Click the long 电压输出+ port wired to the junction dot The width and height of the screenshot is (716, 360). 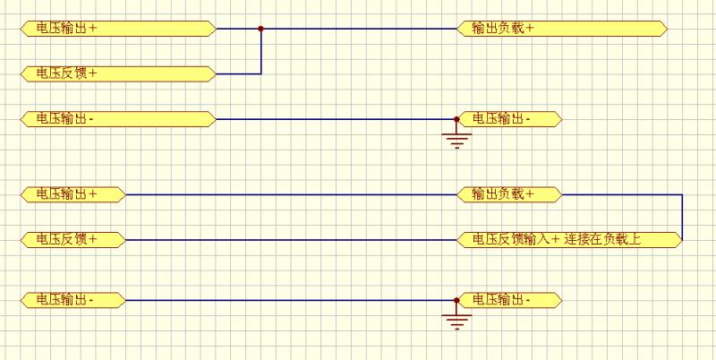(117, 29)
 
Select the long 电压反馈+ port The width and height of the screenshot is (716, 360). (117, 73)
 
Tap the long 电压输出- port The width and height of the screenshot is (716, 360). (117, 118)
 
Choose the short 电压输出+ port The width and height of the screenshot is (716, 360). (72, 193)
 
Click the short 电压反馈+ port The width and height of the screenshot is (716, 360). (72, 239)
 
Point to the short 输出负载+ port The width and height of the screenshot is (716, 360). (509, 193)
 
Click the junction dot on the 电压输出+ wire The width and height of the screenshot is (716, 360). (260, 29)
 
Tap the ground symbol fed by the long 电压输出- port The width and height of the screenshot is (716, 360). (457, 138)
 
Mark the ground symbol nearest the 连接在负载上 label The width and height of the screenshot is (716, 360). (457, 320)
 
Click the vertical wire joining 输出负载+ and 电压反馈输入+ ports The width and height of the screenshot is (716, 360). (682, 217)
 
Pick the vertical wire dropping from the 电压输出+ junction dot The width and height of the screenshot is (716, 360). (260, 52)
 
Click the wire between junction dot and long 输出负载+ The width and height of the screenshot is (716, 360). (358, 29)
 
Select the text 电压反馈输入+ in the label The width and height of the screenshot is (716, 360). (516, 239)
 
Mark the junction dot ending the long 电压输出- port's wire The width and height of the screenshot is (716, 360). (457, 118)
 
